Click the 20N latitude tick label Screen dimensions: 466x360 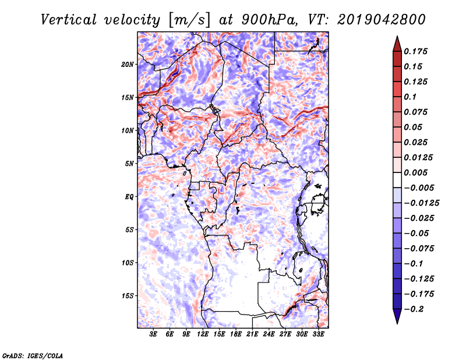128,65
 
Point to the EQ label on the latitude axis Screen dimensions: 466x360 129,197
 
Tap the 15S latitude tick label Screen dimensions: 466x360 128,296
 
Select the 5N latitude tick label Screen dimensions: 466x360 129,164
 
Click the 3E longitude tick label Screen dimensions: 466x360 153,334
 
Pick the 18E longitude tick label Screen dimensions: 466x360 236,334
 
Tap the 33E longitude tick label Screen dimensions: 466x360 318,334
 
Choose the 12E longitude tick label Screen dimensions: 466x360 203,334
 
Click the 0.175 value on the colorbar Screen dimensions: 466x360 415,52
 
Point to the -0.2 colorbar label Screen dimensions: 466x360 414,309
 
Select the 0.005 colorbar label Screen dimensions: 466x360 415,173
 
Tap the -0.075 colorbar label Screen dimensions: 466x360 419,249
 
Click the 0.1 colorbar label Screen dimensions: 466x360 410,97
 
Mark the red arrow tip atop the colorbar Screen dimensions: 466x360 397,37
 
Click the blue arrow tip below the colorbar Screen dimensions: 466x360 397,323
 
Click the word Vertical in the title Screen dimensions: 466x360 69,20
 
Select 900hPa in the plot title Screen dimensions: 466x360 270,20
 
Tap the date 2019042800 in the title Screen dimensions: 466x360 382,20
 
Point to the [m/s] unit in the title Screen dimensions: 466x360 189,20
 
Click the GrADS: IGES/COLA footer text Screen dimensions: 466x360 33,356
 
